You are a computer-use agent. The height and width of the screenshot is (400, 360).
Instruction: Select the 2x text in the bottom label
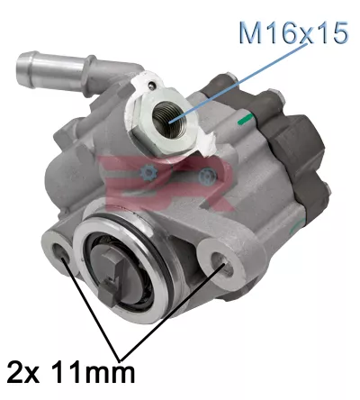(25, 370)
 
